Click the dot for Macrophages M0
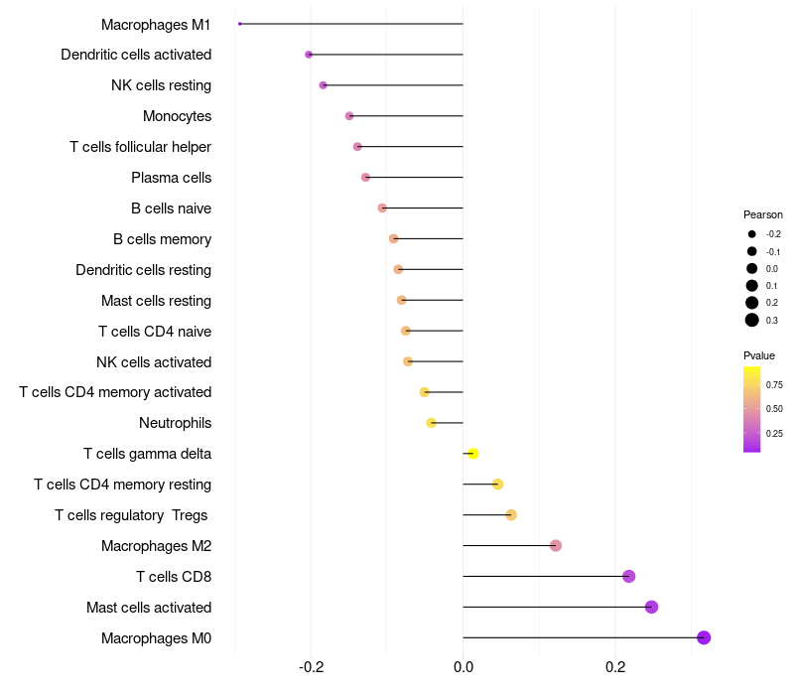click(x=704, y=637)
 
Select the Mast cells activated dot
click(x=651, y=607)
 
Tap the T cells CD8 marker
click(x=628, y=576)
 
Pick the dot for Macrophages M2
click(x=556, y=545)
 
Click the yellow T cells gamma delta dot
click(x=473, y=454)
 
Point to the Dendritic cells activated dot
click(x=309, y=55)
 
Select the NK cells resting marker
click(x=324, y=85)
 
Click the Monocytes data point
click(x=349, y=116)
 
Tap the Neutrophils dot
click(x=431, y=423)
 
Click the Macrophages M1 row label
click(x=156, y=24)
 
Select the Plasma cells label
click(x=171, y=178)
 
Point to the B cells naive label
click(x=171, y=208)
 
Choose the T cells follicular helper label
click(x=140, y=147)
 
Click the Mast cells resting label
click(x=156, y=301)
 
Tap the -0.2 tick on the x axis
click(x=312, y=665)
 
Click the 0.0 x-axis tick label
click(x=463, y=665)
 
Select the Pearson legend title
click(x=763, y=214)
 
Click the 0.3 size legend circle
click(x=752, y=320)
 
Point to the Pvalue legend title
click(x=759, y=355)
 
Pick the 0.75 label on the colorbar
click(x=774, y=384)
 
